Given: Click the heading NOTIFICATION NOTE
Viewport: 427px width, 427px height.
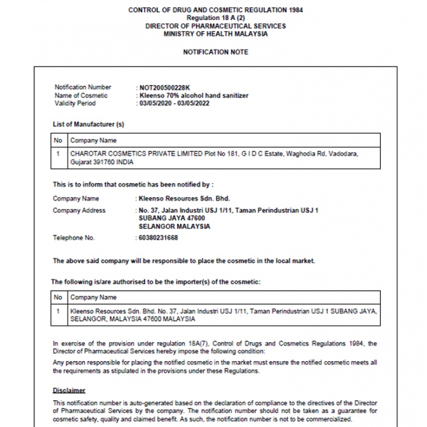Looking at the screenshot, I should tap(215, 52).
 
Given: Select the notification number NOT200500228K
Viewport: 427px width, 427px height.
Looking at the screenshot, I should tap(165, 87).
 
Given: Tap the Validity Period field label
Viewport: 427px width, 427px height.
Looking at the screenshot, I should tap(75, 103).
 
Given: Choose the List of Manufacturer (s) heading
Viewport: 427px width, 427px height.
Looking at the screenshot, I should tap(88, 124).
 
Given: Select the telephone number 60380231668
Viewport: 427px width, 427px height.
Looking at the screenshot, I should tap(159, 238).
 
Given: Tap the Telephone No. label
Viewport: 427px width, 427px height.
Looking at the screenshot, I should tap(74, 238).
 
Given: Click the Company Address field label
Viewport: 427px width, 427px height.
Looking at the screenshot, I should tap(79, 210).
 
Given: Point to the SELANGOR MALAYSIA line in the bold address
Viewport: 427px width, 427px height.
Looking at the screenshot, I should tap(174, 226).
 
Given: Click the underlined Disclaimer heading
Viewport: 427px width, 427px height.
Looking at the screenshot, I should tap(69, 390).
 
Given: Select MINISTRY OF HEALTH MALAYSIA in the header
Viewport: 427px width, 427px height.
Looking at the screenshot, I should tap(215, 34).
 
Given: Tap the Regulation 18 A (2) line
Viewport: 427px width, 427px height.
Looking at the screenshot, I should tap(215, 18).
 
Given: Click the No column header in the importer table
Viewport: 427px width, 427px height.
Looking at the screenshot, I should tap(59, 298).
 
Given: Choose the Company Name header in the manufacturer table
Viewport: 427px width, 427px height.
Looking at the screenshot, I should tap(93, 141).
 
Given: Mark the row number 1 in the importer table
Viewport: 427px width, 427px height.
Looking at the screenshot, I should tap(59, 311).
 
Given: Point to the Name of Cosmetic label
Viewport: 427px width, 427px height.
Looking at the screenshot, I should tap(81, 95).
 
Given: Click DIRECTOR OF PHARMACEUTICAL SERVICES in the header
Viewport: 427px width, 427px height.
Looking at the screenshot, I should tap(215, 26).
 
